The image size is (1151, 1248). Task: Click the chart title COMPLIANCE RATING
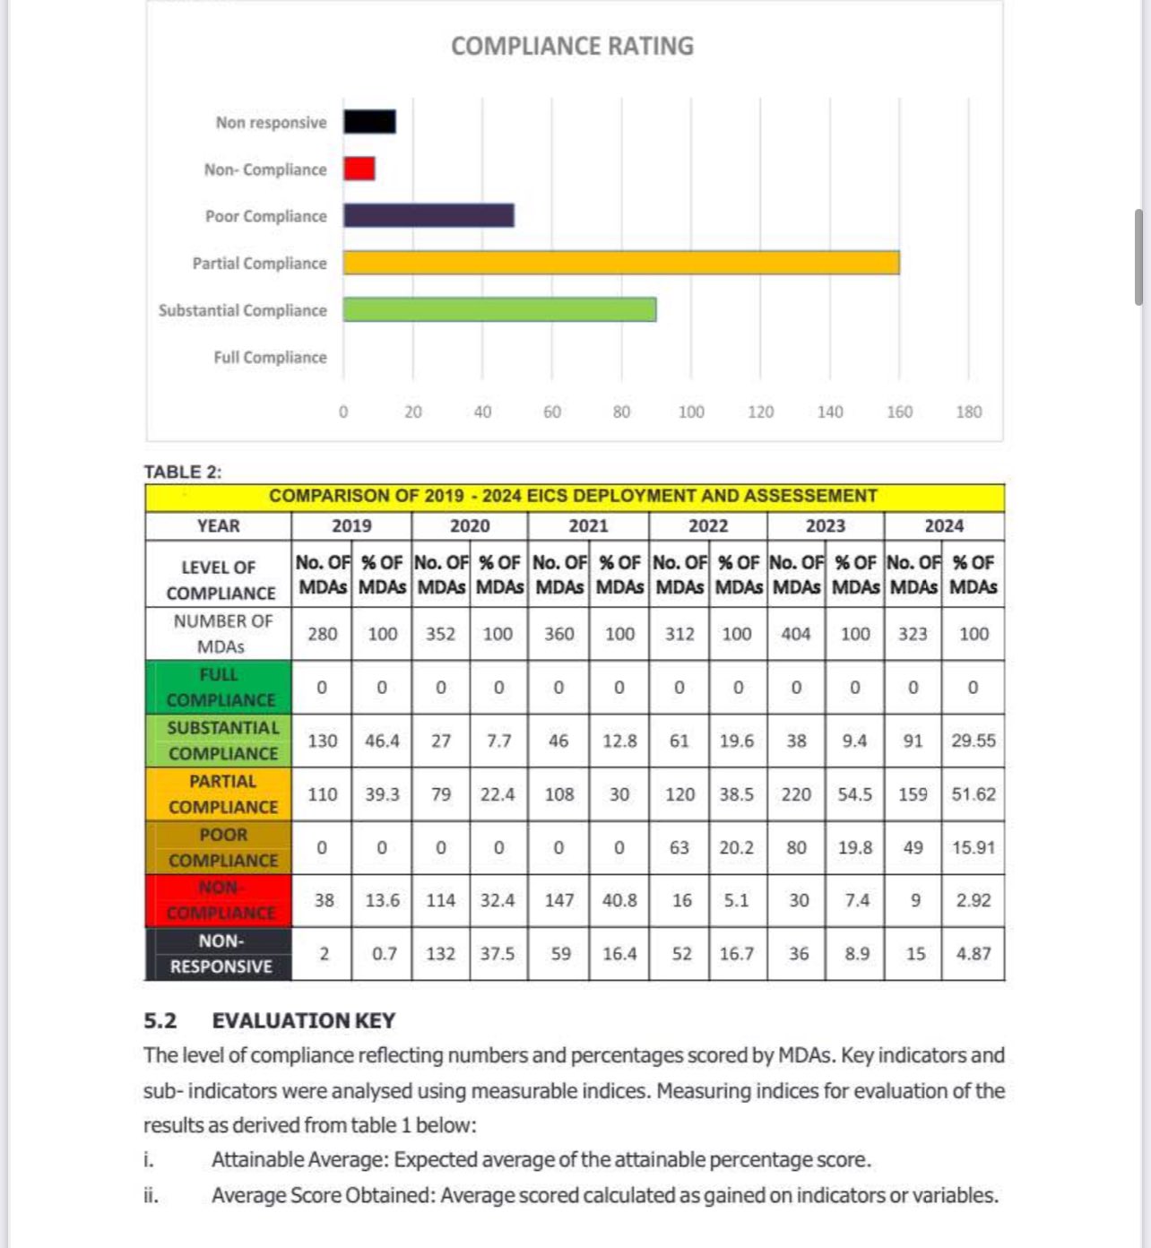(572, 46)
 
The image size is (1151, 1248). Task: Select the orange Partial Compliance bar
(620, 263)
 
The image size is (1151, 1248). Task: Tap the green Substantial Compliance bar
(499, 309)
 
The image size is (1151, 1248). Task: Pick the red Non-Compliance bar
(359, 169)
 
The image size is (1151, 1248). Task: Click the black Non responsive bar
(369, 122)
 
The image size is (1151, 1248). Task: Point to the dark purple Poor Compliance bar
(428, 215)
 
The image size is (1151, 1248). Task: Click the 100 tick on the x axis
(690, 412)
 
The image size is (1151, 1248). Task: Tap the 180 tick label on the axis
(968, 412)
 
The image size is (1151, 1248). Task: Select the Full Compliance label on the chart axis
(270, 357)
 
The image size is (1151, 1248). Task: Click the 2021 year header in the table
(588, 525)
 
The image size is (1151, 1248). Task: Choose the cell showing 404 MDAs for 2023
(796, 634)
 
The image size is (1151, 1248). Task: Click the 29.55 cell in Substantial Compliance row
(974, 741)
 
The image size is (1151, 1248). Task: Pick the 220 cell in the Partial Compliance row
(796, 794)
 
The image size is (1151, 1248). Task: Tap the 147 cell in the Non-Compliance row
(559, 900)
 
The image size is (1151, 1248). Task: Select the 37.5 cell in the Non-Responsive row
(498, 954)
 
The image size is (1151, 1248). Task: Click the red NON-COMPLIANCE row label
(220, 900)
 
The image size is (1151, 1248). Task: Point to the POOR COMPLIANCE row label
(222, 847)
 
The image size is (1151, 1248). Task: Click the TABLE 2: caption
(183, 472)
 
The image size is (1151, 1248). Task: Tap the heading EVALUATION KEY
(303, 1020)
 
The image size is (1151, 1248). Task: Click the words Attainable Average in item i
(299, 1159)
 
